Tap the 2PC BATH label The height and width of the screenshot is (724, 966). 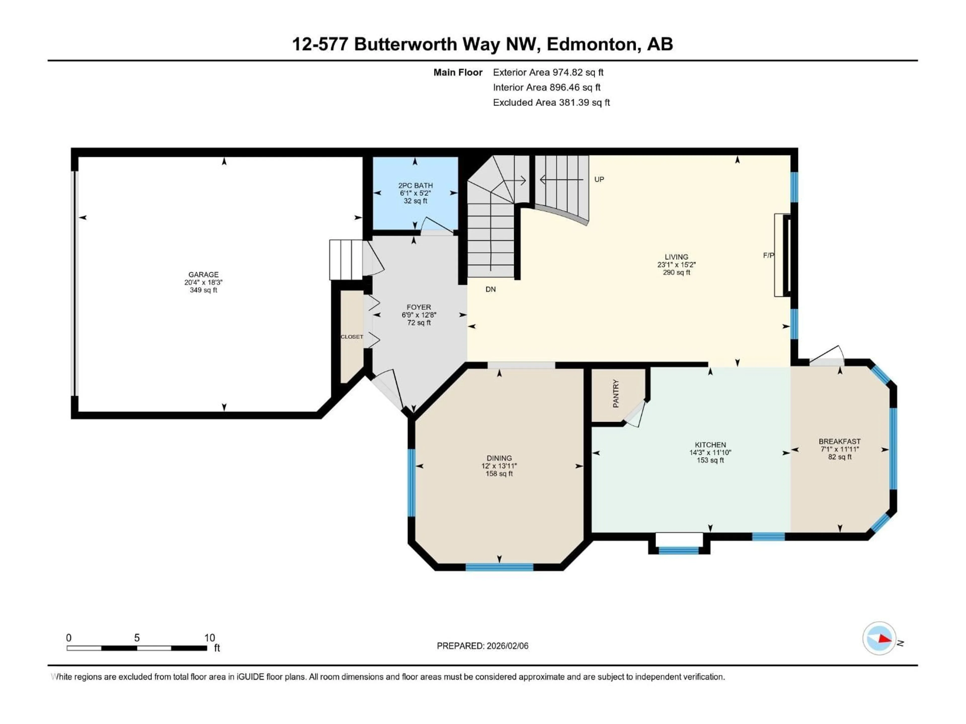click(415, 186)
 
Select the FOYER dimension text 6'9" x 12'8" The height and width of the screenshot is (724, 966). click(419, 315)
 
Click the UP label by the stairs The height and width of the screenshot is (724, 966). click(599, 179)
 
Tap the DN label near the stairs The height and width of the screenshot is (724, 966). click(491, 289)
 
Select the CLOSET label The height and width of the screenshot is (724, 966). click(351, 337)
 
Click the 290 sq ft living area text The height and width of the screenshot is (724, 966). click(676, 272)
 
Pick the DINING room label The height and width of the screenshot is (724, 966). click(499, 458)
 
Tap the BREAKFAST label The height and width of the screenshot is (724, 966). click(839, 442)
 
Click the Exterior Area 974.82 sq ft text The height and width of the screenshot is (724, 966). click(548, 72)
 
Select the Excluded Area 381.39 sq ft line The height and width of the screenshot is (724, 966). click(551, 103)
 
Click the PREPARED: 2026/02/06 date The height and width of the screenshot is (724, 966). click(482, 646)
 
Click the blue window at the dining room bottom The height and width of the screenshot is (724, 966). click(499, 567)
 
